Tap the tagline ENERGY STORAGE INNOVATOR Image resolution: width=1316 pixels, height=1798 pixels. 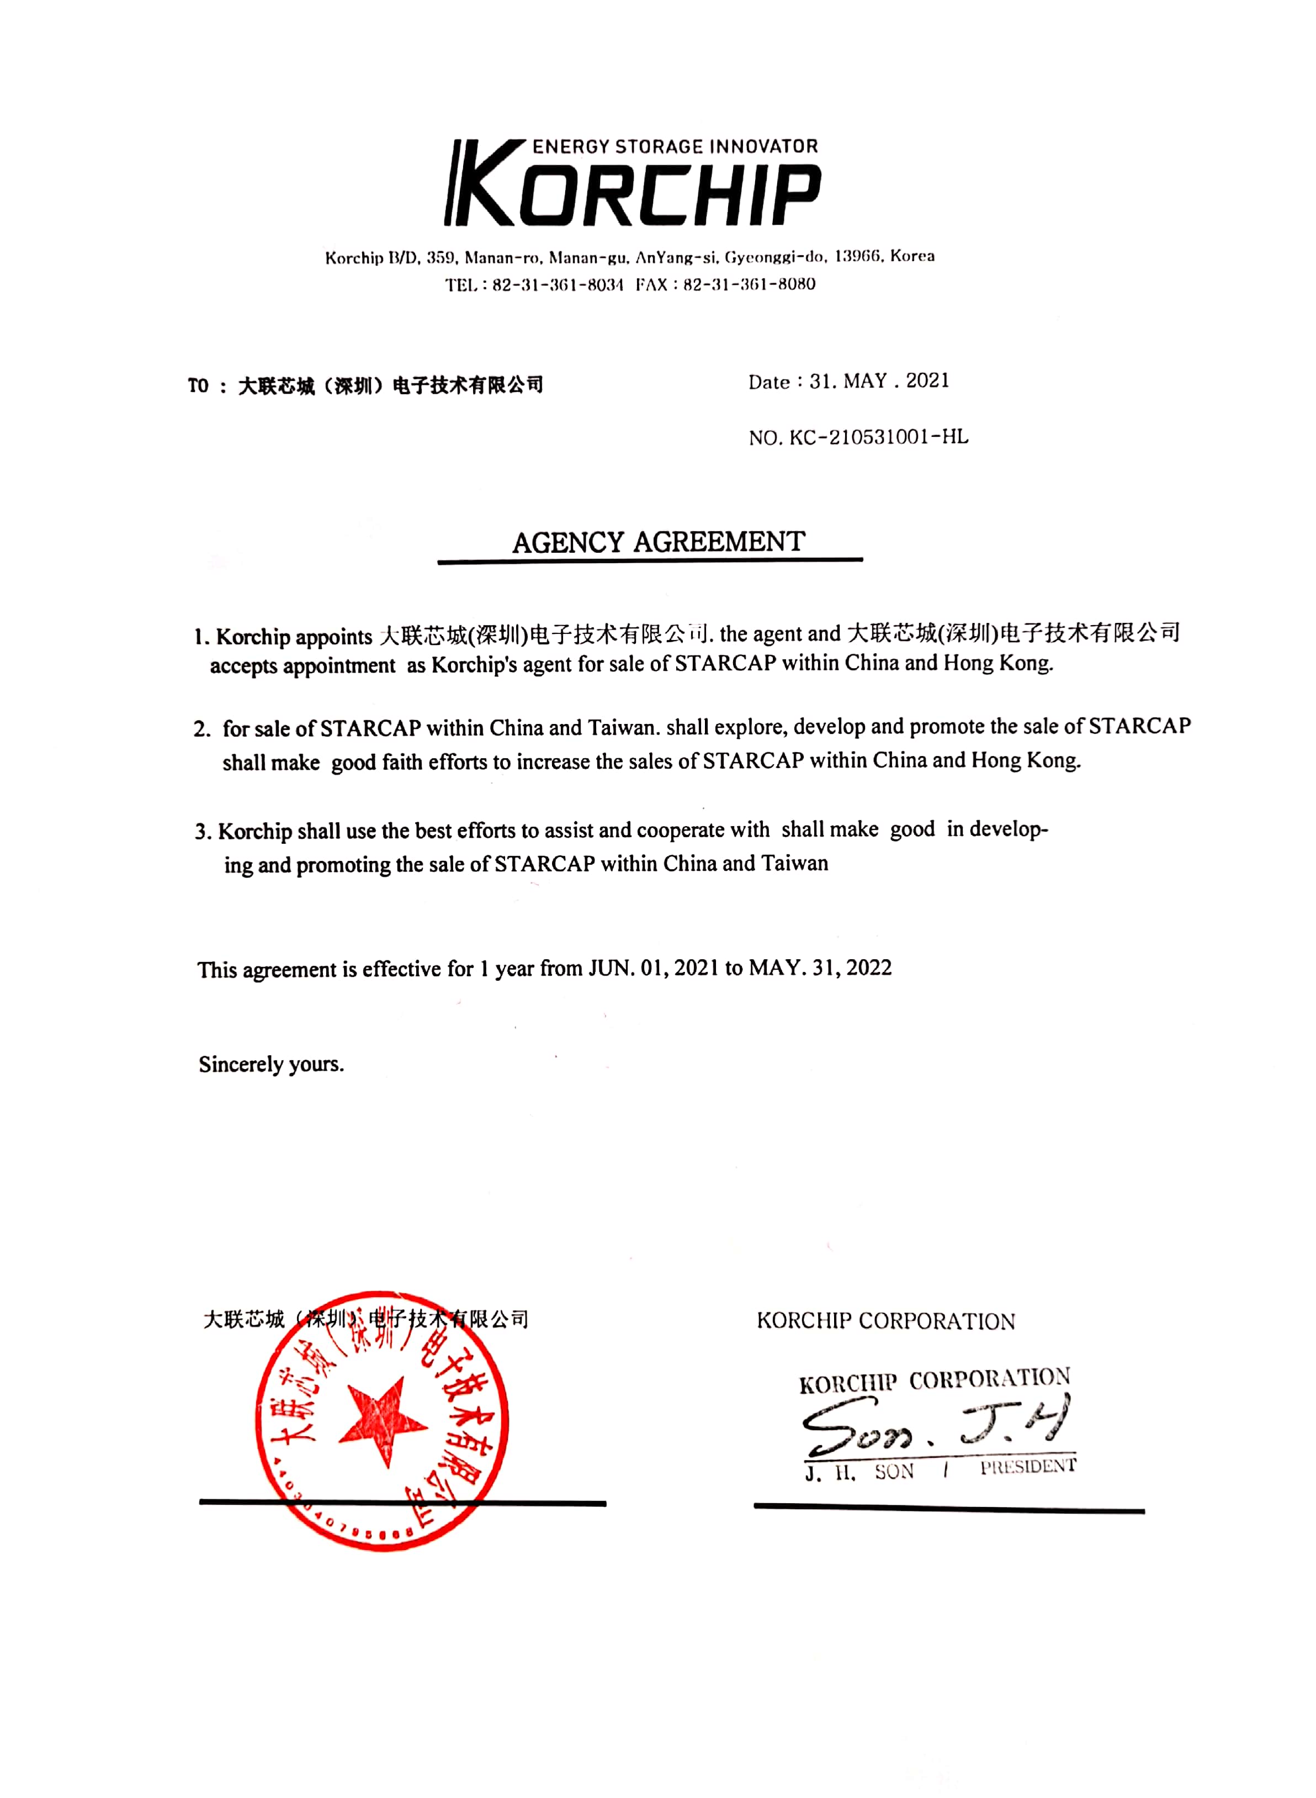(x=675, y=147)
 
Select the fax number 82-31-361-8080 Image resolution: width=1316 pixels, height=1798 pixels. (x=749, y=284)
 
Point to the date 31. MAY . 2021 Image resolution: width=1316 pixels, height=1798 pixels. (x=879, y=381)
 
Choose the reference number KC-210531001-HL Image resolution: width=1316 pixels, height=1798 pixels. (x=879, y=437)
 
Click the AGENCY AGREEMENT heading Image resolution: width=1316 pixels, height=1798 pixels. (x=658, y=543)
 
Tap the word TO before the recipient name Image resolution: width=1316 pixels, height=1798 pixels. (x=198, y=387)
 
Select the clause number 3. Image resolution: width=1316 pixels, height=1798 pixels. (x=203, y=832)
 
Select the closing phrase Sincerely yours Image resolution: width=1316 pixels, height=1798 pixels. (x=271, y=1065)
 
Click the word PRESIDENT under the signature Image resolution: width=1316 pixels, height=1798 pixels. (x=1028, y=1467)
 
